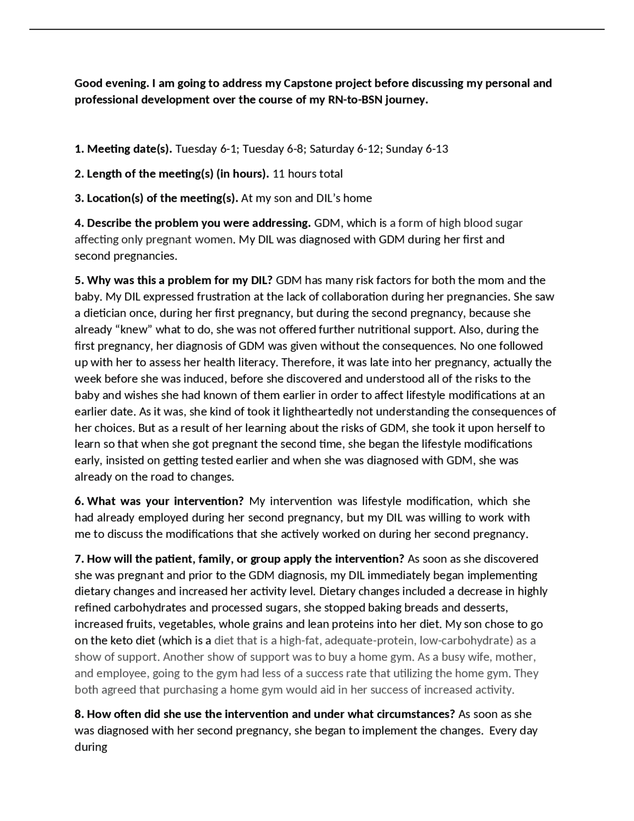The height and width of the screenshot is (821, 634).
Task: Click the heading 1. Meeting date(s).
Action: (123, 149)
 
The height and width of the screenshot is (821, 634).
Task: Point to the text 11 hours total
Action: (308, 174)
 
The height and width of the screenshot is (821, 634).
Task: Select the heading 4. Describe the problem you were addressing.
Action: (193, 223)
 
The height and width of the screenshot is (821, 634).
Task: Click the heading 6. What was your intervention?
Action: (159, 501)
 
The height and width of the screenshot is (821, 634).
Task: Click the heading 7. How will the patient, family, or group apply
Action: (239, 559)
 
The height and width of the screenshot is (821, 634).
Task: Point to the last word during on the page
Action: (91, 747)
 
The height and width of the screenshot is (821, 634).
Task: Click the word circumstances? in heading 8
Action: (412, 714)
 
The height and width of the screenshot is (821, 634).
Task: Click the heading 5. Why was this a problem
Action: (173, 281)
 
